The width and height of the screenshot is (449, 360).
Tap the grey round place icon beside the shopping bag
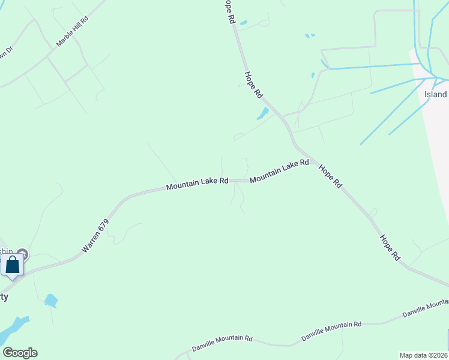(23, 254)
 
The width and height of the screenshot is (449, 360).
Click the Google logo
(20, 353)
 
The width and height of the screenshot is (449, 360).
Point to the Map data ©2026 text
(423, 355)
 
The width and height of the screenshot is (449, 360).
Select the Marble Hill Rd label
(72, 32)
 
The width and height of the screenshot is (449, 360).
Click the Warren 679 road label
(95, 235)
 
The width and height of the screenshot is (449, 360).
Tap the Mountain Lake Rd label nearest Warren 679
(197, 183)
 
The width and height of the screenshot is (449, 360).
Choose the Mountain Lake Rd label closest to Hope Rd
(279, 171)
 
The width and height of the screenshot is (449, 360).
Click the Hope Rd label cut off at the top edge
(229, 11)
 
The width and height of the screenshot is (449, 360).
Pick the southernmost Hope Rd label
(389, 247)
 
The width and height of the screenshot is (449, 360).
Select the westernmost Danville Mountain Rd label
(222, 343)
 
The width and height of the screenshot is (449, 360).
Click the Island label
(436, 95)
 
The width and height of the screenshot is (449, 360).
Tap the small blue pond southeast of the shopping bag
(51, 300)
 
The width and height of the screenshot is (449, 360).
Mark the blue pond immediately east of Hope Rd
(263, 113)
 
